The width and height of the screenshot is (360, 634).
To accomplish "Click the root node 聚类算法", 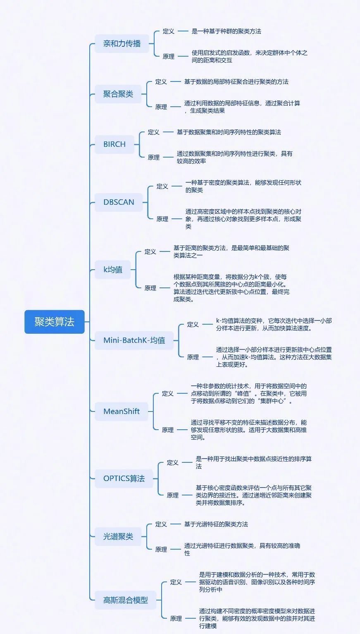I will (54, 322).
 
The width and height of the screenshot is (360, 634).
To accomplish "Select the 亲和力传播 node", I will (122, 43).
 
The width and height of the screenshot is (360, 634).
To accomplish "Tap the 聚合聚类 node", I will (118, 94).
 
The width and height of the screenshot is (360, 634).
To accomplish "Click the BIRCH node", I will (114, 144).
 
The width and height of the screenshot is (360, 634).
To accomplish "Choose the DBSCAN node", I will (119, 202).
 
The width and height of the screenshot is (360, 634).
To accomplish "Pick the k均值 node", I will (113, 270).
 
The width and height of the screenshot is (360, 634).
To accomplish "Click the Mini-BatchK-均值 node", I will (134, 340).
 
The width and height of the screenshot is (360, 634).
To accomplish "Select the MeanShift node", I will (122, 412).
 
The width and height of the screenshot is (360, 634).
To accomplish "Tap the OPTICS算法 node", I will (124, 478).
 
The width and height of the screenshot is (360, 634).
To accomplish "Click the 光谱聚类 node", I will (118, 536).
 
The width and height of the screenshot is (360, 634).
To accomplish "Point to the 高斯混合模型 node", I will (126, 600).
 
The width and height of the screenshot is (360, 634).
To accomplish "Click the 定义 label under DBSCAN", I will (162, 187).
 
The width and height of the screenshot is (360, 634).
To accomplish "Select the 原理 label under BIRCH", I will (154, 157).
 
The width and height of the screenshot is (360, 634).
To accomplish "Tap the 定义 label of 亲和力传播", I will (169, 31).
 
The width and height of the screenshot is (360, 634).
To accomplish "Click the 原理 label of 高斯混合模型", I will (176, 618).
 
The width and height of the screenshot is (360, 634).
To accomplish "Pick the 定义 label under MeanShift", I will (168, 393).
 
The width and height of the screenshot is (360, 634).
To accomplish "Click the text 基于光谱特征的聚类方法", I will (216, 524).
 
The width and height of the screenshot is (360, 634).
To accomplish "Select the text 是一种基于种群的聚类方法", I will (226, 31).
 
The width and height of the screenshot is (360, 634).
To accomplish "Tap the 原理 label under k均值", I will (150, 288).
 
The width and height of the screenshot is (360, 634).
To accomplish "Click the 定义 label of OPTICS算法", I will (173, 463).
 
